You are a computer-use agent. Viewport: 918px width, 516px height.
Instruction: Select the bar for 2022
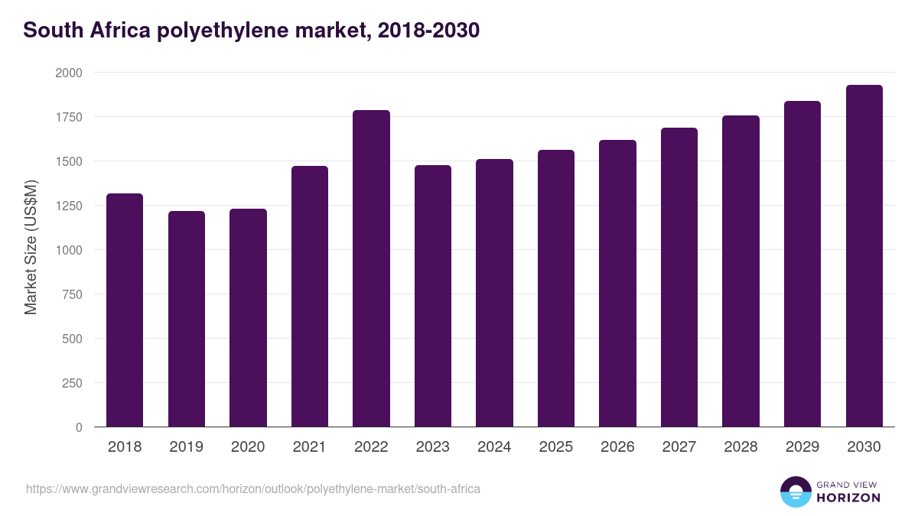click(371, 268)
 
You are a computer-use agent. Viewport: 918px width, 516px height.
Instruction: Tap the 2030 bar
click(864, 256)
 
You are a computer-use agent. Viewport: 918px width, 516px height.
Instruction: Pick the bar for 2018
click(125, 310)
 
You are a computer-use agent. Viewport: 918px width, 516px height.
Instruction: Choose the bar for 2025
click(556, 288)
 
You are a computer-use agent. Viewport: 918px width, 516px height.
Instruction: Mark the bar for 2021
click(310, 297)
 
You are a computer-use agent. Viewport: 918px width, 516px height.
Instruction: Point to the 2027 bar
click(679, 277)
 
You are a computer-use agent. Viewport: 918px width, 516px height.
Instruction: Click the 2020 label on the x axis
click(248, 447)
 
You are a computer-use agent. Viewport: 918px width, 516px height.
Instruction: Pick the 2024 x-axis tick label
click(494, 447)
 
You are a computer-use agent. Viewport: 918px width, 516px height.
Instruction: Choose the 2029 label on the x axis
click(802, 447)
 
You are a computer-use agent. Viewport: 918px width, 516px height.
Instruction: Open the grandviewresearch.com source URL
click(253, 488)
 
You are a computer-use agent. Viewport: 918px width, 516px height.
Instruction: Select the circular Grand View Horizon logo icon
click(796, 492)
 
